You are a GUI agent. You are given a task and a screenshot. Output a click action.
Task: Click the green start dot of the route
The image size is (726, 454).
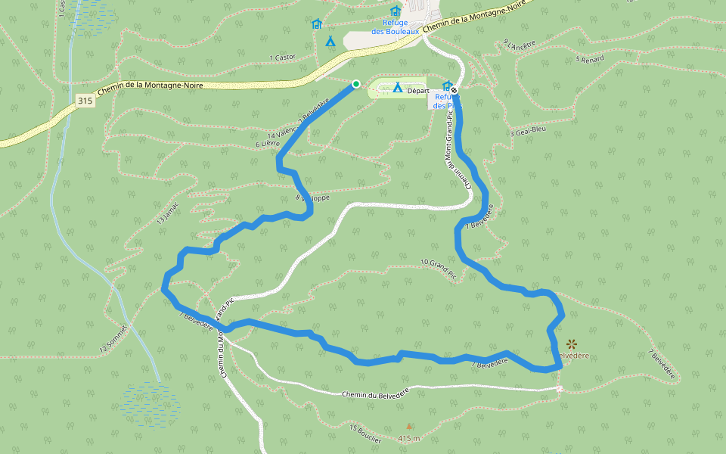(355, 84)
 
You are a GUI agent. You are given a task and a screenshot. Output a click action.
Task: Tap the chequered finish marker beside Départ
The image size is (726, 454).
(454, 90)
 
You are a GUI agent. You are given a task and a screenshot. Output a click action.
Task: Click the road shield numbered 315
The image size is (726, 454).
(85, 101)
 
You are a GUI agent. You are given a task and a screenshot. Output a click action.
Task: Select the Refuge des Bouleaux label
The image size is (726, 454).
(395, 27)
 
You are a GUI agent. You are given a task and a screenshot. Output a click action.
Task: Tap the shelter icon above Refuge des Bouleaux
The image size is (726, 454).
(395, 11)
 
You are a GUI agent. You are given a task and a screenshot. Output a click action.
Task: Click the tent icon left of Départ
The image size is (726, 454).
(397, 88)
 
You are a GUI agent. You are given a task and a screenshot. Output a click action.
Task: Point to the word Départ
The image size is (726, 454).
(418, 91)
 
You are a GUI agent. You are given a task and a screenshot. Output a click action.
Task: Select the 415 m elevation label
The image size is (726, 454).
(409, 438)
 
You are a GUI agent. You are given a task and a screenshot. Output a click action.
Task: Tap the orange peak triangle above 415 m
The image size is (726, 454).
(409, 427)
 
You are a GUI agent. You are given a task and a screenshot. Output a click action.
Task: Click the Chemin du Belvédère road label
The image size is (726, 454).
(375, 394)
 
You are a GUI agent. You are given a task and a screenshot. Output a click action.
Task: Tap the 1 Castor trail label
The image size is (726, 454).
(283, 57)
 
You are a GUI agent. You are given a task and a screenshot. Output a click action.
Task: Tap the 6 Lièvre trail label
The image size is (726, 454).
(268, 142)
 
